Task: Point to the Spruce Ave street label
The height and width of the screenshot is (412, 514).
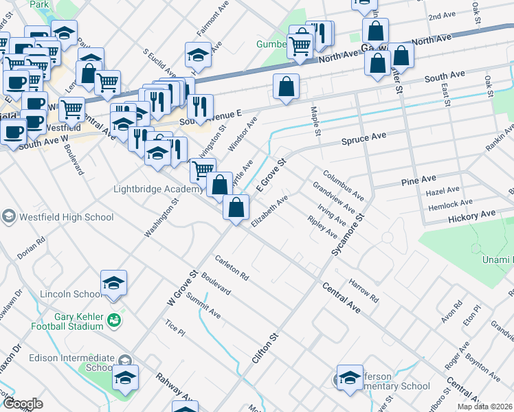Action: tap(364, 138)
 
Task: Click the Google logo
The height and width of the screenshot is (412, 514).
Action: tap(22, 404)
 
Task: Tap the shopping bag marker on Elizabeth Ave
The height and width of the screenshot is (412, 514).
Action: tap(236, 207)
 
